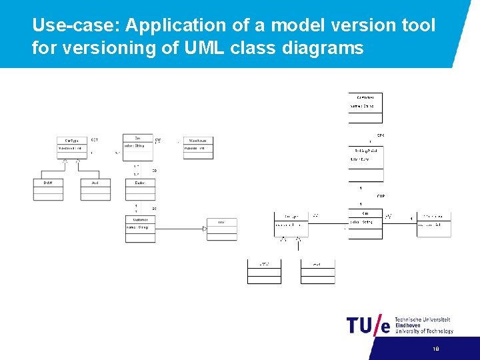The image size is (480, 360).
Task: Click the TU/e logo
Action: tap(367, 325)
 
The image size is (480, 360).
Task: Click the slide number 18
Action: tap(436, 349)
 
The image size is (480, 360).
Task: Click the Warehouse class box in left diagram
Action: tap(198, 147)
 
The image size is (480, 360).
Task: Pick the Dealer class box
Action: tap(140, 189)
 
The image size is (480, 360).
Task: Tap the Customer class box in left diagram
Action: tap(140, 229)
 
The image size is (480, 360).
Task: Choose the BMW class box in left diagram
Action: tap(48, 189)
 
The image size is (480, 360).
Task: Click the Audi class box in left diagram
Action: tap(95, 189)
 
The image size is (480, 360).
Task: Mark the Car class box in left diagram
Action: tap(137, 146)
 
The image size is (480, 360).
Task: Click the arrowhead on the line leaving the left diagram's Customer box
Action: tap(204, 229)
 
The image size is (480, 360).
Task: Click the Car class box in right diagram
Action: tap(365, 224)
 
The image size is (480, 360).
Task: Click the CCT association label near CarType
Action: tap(95, 140)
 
